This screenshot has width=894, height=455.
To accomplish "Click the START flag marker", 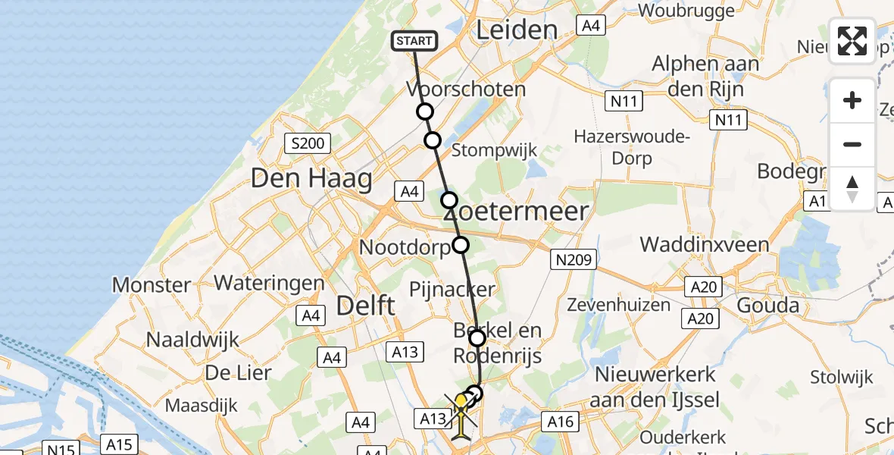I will (x=414, y=41).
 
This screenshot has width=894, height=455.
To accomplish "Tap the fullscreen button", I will (x=852, y=40).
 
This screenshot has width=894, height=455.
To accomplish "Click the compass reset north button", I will (x=852, y=189).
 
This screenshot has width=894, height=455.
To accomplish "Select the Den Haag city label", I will (x=311, y=180).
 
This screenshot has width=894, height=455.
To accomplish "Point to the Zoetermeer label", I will (x=523, y=211).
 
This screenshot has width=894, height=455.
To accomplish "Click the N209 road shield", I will (x=572, y=260).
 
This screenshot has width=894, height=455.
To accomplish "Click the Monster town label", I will (x=152, y=285).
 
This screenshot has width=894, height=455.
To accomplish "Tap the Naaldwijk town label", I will (x=192, y=340).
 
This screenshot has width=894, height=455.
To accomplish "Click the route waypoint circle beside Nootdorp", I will (x=461, y=245).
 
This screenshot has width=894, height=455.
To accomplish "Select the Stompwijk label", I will (x=494, y=150).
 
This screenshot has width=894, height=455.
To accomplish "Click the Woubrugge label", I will (x=687, y=11).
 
